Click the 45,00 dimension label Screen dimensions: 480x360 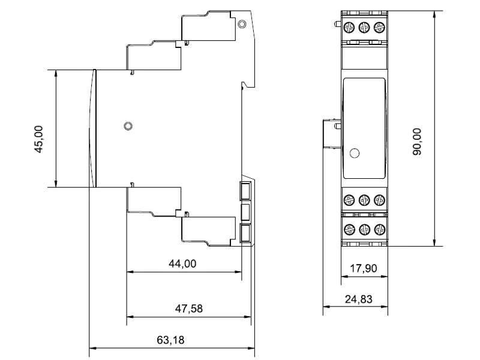pos(38,139)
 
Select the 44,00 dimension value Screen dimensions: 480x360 pos(182,263)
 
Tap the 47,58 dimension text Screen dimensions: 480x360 pos(189,308)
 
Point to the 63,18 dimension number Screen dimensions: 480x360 pos(170,340)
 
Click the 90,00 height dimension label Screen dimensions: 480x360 pos(417,142)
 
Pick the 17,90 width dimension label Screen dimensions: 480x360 pos(364,268)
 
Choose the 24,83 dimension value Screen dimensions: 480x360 pos(358,299)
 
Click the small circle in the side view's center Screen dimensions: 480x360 pos(128,126)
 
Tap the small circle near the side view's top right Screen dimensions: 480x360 pos(242,24)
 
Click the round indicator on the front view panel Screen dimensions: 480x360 pos(354,153)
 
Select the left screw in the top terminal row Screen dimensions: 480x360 pos(349,27)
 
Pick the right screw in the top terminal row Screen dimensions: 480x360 pos(379,27)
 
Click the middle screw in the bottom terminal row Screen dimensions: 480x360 pos(364,229)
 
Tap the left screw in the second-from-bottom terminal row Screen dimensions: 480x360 pos(349,200)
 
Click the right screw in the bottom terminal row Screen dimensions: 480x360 pos(380,229)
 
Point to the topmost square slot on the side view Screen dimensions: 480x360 pos(245,191)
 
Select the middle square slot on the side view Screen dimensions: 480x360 pos(245,212)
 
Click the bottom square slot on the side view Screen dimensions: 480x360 pos(245,233)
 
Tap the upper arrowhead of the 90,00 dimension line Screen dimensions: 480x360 pos(434,14)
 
